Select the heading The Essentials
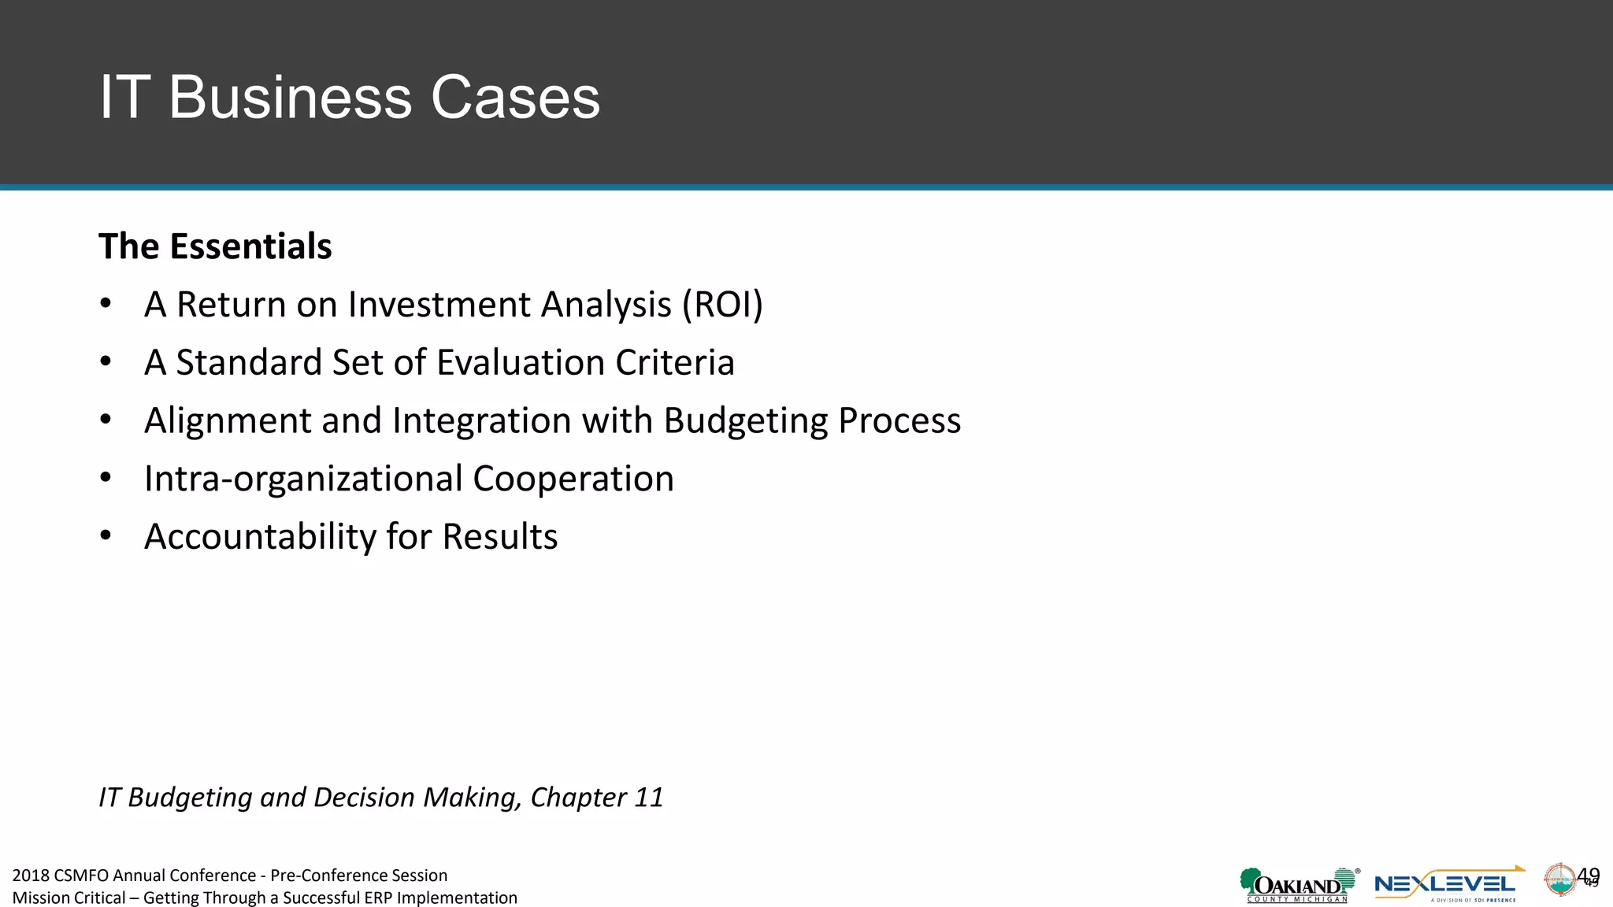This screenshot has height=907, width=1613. coord(215,246)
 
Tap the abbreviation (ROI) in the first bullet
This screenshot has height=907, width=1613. coord(722,305)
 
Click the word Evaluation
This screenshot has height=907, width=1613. coord(521,363)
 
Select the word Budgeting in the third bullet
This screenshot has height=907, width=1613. coord(745,421)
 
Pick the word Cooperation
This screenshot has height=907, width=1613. coord(573,479)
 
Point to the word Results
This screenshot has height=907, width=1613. coord(499,537)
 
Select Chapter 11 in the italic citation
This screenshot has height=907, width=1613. coord(596,798)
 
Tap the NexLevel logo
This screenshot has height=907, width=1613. coord(1448,885)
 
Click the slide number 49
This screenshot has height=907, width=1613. coord(1589,876)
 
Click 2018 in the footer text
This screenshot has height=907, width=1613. coord(31,876)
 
